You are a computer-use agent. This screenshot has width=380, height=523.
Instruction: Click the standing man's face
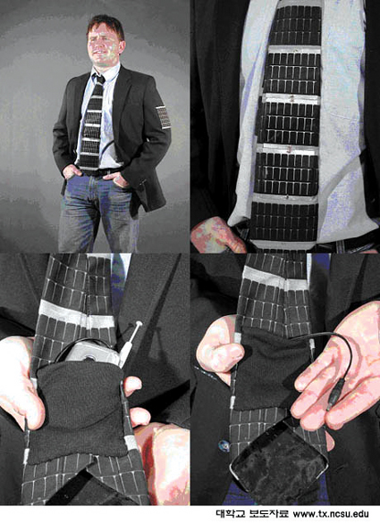point(104,46)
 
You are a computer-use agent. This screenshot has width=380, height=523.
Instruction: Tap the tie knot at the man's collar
point(99,79)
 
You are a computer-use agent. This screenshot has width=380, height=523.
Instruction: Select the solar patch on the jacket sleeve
point(164,117)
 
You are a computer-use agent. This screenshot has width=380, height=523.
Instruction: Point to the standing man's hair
point(106,25)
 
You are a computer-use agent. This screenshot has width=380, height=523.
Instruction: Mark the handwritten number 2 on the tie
point(291,99)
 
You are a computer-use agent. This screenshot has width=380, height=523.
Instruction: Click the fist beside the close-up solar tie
point(217,235)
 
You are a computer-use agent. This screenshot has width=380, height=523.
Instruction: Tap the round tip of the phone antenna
point(139,323)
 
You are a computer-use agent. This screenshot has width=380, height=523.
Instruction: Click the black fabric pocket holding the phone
point(80,411)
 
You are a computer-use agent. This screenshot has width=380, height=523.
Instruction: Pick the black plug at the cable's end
point(335,394)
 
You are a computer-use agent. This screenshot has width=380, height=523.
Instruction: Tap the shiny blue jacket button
point(224,446)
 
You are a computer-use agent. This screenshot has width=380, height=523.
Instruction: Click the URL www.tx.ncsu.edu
point(331,514)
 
